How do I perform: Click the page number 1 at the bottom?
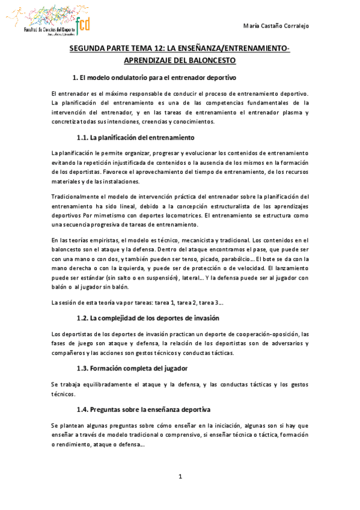click(x=180, y=477)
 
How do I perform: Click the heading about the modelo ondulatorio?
click(x=154, y=78)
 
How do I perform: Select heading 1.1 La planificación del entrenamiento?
click(x=136, y=137)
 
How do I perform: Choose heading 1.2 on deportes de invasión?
click(x=148, y=317)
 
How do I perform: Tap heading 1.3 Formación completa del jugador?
click(x=132, y=368)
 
